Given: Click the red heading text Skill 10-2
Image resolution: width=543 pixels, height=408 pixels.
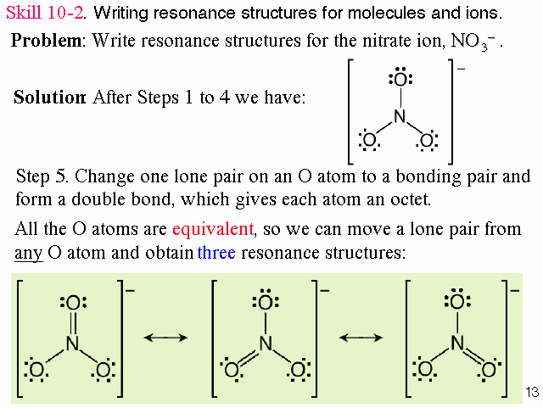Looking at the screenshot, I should coord(48,14).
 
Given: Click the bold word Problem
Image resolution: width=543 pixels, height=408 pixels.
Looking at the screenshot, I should coord(48,41).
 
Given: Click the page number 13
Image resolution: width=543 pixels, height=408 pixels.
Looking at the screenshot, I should coord(532,392).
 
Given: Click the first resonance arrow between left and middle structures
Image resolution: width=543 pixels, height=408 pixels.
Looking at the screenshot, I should coord(165,337).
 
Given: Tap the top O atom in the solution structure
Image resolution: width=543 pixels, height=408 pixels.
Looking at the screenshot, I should coord(400,81).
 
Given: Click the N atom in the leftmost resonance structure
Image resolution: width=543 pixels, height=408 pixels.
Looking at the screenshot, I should coord(72,343).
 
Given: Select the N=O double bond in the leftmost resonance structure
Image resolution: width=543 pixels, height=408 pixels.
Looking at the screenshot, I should coord(72,322).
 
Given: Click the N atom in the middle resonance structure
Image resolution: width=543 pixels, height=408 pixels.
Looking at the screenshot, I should coord(266,343).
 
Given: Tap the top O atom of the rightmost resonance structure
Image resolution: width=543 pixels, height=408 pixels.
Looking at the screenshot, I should coord(458,302).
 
